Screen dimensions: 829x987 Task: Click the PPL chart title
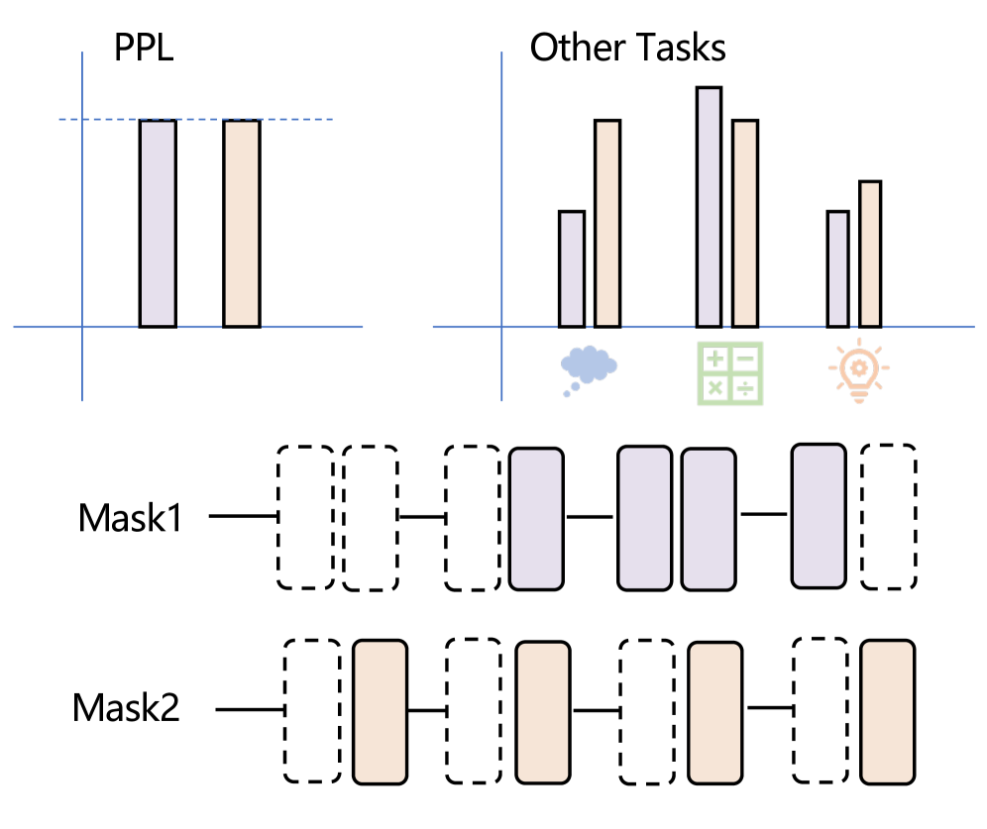pos(144,48)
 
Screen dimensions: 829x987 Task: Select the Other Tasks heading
pos(627,48)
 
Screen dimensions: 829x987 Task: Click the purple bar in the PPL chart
pos(158,223)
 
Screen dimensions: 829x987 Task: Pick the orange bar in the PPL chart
pos(242,223)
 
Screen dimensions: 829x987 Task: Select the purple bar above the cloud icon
pos(572,268)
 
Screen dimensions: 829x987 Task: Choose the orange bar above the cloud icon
pos(607,223)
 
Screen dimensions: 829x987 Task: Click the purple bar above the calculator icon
pos(709,206)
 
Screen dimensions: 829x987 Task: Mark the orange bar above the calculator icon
pos(745,223)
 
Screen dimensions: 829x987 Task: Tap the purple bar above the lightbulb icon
pos(838,268)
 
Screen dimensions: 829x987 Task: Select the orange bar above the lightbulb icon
pos(870,254)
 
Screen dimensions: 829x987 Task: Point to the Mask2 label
pos(126,709)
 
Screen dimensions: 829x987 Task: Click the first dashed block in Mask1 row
pos(304,517)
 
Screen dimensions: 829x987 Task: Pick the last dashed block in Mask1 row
pos(889,516)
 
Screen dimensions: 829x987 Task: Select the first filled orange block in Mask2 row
pos(381,711)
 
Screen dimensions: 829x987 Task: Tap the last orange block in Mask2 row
pos(888,711)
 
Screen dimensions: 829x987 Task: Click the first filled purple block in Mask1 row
pos(537,518)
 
